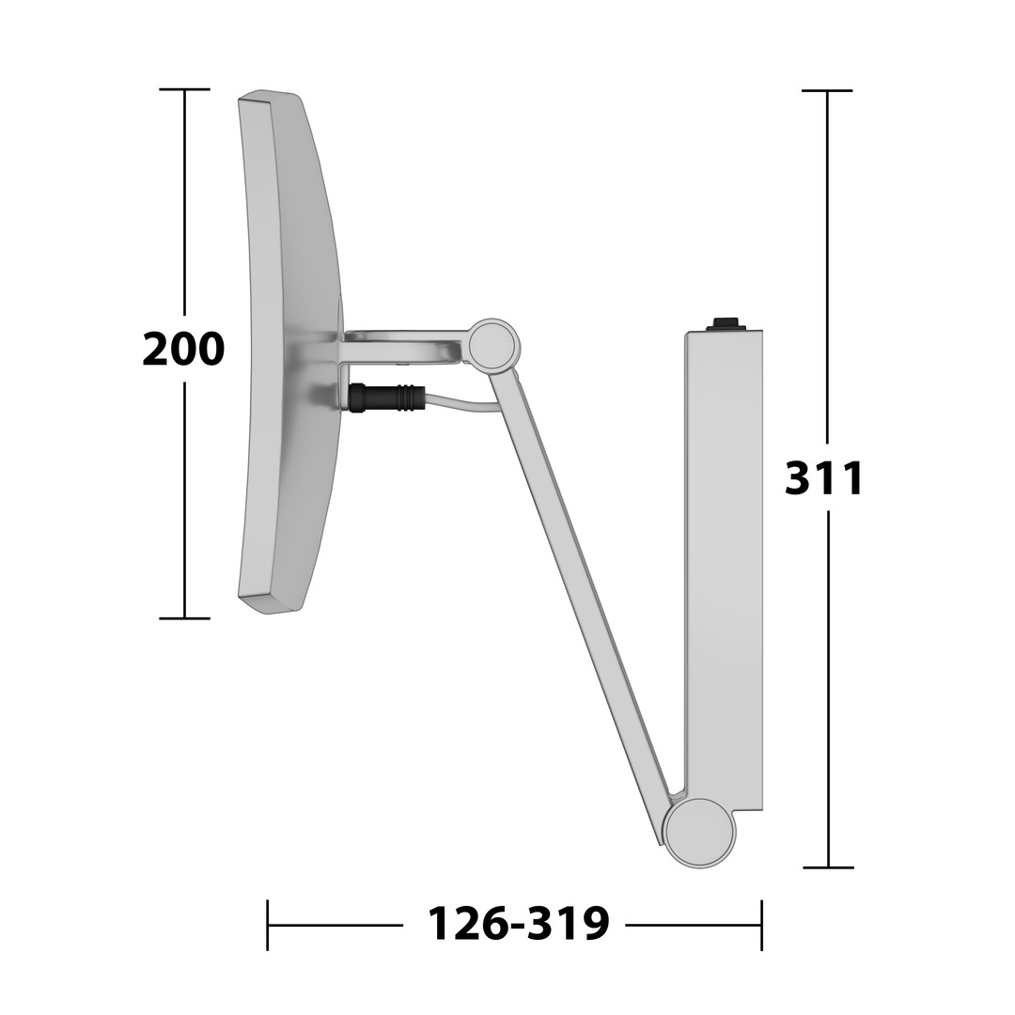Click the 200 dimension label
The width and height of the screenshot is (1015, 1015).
[183, 349]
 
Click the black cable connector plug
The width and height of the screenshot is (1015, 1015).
[387, 397]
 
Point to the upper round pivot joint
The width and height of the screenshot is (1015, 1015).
[493, 346]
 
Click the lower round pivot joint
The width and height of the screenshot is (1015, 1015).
[702, 833]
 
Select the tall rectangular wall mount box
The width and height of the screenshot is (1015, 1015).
[724, 570]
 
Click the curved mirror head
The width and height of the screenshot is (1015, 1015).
[289, 352]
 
